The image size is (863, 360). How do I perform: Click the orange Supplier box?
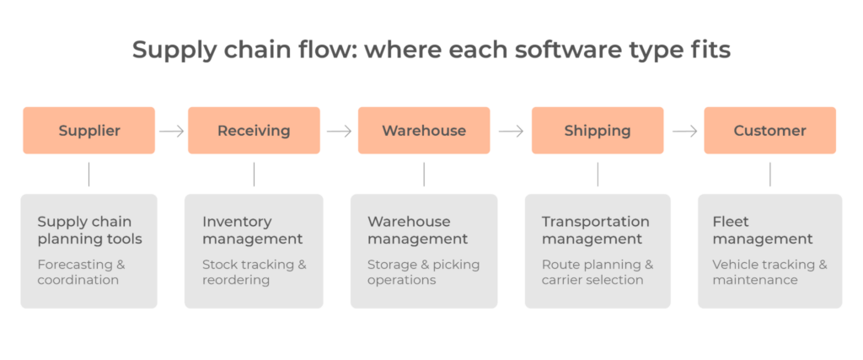click(x=88, y=131)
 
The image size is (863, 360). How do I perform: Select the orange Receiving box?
click(x=254, y=131)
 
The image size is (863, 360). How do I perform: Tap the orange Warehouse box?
click(x=424, y=131)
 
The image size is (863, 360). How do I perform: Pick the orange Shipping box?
click(x=598, y=131)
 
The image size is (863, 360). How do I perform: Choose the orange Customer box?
click(x=769, y=131)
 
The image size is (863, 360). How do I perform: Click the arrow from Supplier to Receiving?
click(x=171, y=131)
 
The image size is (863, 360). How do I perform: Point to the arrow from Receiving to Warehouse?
click(x=339, y=131)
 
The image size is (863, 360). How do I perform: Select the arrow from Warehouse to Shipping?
click(x=511, y=131)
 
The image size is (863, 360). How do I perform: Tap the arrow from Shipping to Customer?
click(x=684, y=131)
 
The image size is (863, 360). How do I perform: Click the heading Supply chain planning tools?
click(x=89, y=230)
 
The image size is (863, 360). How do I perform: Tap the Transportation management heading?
click(x=595, y=230)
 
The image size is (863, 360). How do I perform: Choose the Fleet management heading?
click(x=763, y=230)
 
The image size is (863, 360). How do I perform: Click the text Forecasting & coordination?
click(x=81, y=272)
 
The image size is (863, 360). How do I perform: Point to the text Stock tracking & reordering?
click(x=254, y=272)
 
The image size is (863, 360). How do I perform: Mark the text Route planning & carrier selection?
click(x=597, y=272)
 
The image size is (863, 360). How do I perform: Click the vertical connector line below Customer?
click(x=769, y=175)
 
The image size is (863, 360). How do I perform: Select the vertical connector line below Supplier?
click(x=88, y=175)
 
